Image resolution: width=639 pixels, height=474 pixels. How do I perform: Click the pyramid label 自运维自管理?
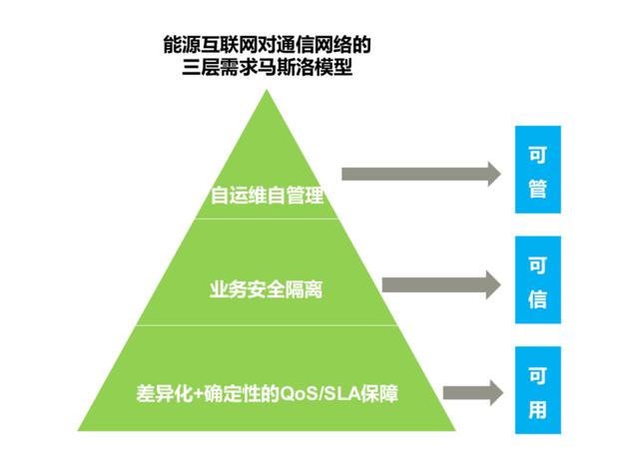point(268,196)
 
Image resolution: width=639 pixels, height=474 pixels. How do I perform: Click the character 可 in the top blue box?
point(537,155)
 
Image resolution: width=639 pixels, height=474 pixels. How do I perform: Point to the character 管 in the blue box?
point(537,189)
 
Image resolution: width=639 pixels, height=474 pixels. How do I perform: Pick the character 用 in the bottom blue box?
point(537,409)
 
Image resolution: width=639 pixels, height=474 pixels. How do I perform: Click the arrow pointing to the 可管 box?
point(419,173)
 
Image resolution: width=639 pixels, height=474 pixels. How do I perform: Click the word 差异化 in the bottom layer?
point(158,391)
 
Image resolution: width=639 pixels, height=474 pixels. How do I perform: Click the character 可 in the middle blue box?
point(537,265)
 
